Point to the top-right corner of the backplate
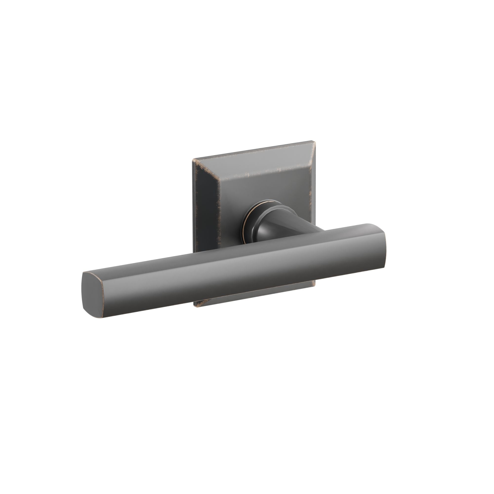pos(313,141)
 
